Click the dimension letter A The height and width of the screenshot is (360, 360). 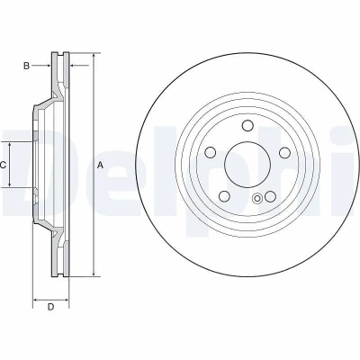tap(101, 165)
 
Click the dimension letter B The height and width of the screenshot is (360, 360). tap(27, 66)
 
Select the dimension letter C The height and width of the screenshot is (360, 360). tap(3, 165)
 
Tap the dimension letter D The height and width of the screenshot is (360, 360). tap(51, 307)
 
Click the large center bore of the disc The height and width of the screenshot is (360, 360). tap(247, 165)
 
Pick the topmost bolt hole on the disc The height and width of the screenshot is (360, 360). tap(247, 125)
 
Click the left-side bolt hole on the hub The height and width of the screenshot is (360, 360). tap(211, 152)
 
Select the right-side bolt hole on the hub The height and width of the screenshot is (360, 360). tap(284, 152)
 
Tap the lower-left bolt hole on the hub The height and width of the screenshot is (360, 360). tap(225, 196)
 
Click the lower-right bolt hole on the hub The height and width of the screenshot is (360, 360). tap(270, 196)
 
